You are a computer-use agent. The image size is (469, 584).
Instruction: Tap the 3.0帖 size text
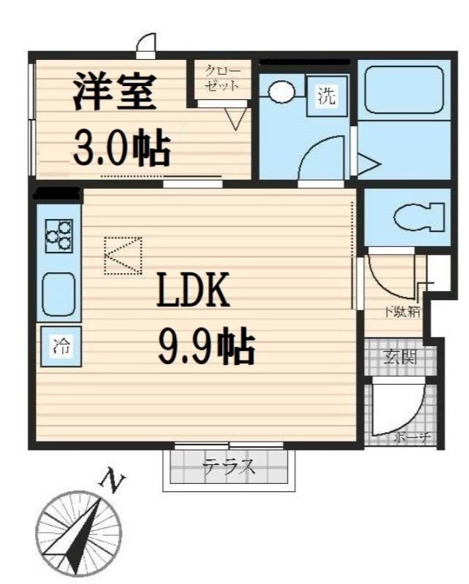121,148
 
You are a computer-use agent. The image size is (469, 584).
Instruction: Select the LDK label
194,291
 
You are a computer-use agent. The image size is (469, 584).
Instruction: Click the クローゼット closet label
222,77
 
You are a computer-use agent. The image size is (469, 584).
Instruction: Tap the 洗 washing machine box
327,95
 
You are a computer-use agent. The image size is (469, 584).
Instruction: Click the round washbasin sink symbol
281,92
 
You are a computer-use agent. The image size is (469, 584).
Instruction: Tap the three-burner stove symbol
59,236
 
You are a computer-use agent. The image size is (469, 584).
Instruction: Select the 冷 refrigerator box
61,347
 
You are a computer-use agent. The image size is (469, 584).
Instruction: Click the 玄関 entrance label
400,358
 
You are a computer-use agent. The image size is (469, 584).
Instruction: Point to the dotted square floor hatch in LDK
123,255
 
